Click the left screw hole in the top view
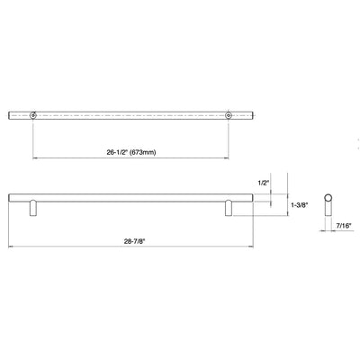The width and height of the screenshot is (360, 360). pyautogui.click(x=34, y=114)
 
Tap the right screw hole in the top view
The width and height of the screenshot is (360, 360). pyautogui.click(x=229, y=114)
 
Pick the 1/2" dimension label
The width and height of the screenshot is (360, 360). pyautogui.click(x=264, y=184)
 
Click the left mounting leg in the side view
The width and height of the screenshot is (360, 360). pyautogui.click(x=34, y=207)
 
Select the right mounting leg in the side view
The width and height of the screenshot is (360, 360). pyautogui.click(x=229, y=207)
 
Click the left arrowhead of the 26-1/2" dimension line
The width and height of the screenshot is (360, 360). pyautogui.click(x=36, y=155)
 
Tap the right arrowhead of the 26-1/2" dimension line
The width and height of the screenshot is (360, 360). pyautogui.click(x=227, y=155)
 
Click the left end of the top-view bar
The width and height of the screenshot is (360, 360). pyautogui.click(x=10, y=114)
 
